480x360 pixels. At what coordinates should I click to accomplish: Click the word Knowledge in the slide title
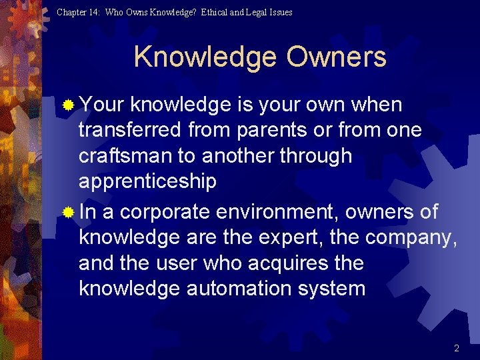(x=206, y=57)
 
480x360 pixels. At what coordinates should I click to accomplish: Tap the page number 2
(x=457, y=348)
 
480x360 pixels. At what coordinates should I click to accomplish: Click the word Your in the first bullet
(x=102, y=105)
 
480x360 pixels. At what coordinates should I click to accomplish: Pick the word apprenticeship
(x=147, y=182)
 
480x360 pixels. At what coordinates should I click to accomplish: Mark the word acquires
(x=290, y=263)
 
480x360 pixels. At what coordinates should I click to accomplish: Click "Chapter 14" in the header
(x=78, y=12)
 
